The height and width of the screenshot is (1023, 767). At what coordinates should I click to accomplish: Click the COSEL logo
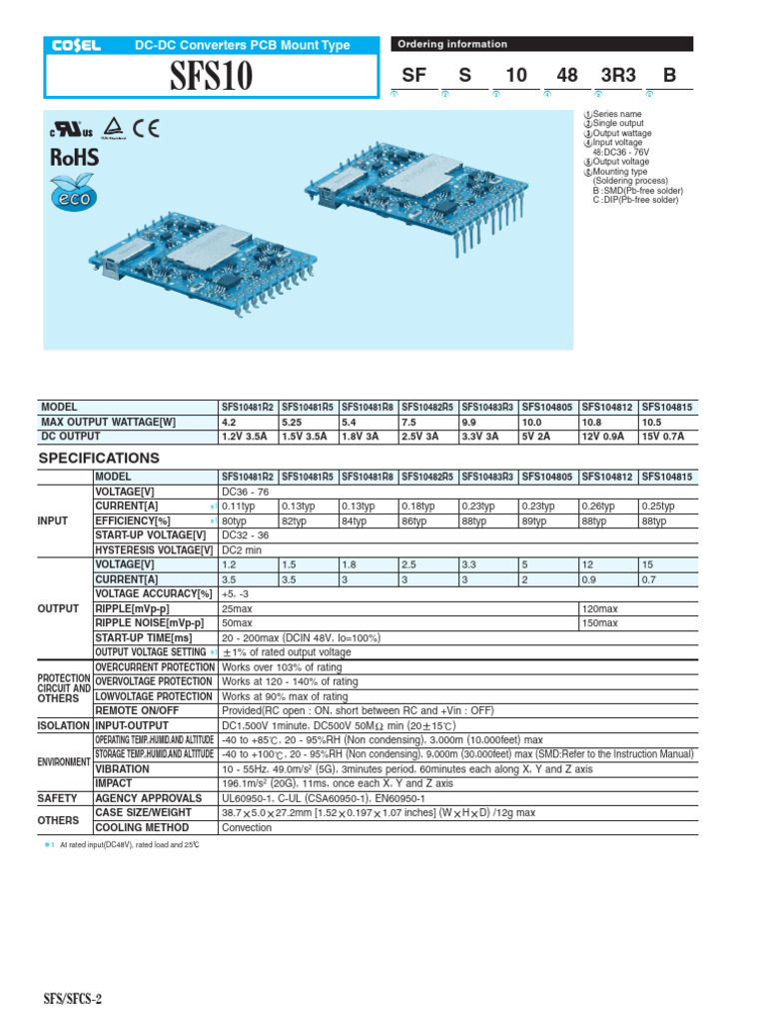(71, 45)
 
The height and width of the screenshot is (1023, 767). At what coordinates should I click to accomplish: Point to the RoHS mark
(74, 156)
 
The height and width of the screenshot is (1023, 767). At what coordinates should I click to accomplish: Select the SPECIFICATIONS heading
(99, 458)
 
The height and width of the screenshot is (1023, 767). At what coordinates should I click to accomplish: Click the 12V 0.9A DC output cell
(608, 437)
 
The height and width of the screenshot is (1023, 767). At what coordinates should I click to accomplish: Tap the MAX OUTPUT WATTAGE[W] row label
(109, 423)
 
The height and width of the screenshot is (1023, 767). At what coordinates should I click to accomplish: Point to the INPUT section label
(52, 521)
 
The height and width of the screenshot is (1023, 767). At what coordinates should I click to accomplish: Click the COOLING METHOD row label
(141, 827)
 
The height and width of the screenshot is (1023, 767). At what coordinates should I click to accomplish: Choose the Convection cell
(247, 827)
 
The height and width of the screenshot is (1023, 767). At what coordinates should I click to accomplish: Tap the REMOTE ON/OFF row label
(136, 710)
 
